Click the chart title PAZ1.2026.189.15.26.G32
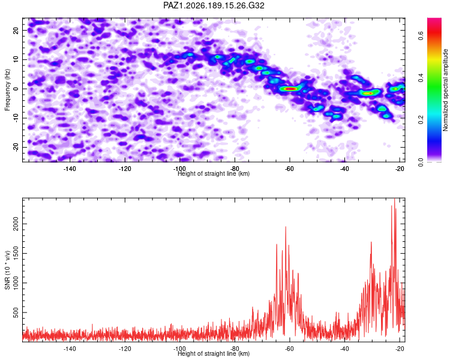214,5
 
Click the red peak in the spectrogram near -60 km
290,89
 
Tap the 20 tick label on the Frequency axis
16,30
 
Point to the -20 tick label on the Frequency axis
16,147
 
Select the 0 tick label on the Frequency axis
16,89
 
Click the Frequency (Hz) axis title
7,90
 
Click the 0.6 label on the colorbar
421,36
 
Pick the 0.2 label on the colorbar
421,120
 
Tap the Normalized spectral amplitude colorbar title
445,90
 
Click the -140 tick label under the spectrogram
70,169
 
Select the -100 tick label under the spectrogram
179,169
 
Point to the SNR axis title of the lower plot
7,270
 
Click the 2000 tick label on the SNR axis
16,224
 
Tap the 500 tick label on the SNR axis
16,313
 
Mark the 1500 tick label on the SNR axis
16,253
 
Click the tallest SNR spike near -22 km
395,199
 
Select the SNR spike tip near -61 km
286,227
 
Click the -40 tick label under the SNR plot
344,349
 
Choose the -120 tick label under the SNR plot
125,349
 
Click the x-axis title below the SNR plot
214,353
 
